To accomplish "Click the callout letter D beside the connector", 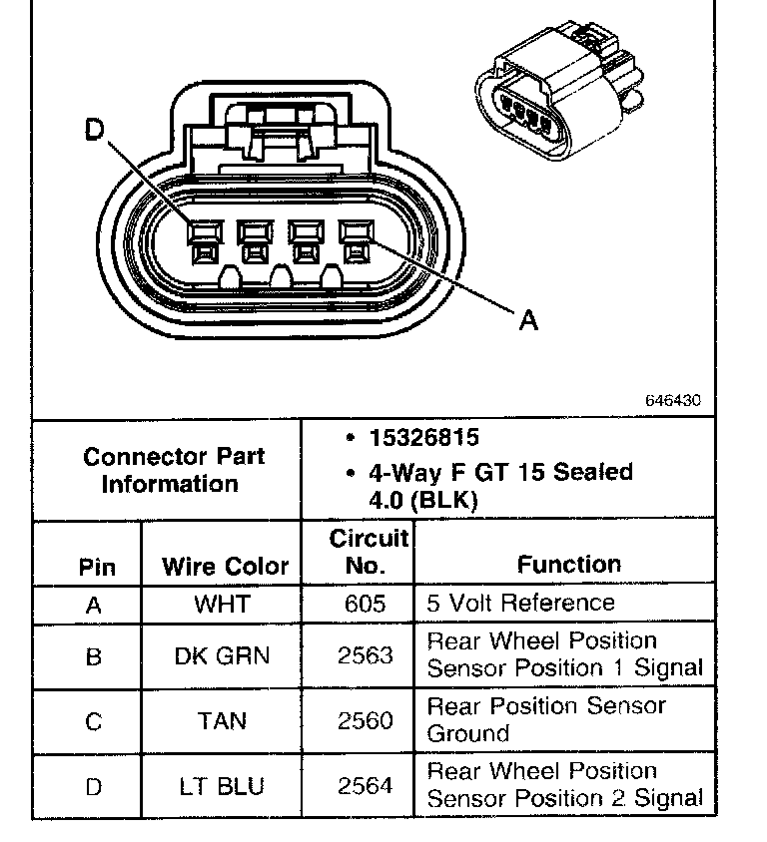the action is [94, 131].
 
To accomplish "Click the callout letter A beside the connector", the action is [528, 320].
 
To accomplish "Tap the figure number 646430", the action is [673, 400].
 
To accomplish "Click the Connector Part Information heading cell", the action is [173, 470].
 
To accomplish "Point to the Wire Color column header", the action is [226, 567].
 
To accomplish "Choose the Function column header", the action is [568, 564].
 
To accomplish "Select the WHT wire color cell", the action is [223, 604].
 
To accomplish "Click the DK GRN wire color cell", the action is [223, 655].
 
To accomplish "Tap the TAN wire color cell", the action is [223, 720].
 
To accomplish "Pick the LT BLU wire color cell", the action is [223, 786].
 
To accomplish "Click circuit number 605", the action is [366, 604].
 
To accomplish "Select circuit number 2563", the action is [366, 655].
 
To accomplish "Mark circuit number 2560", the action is [366, 720].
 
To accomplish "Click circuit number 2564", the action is [366, 786].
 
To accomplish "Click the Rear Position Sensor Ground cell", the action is [546, 719].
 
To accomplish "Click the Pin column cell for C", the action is [93, 720].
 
